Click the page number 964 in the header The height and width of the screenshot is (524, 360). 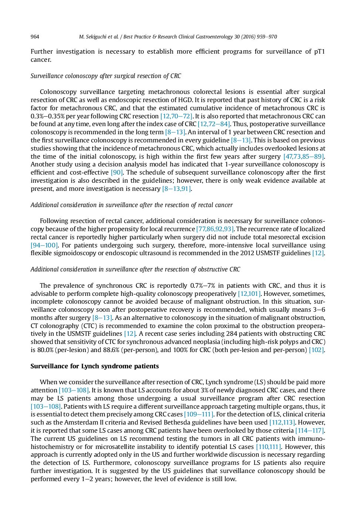point(35,37)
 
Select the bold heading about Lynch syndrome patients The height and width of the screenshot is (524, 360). point(95,366)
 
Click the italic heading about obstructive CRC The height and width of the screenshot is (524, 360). point(135,269)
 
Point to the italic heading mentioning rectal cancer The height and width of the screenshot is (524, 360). point(132,205)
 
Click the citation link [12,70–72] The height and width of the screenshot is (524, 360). point(176,116)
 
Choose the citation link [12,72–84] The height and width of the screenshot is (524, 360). point(214,124)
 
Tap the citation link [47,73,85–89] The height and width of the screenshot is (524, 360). point(303,156)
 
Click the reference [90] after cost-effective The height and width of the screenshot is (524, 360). point(117,172)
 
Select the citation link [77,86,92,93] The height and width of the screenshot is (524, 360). point(215,229)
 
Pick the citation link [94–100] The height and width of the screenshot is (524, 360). point(44,245)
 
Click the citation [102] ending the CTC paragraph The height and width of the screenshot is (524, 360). point(316,350)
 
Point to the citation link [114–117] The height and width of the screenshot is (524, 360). point(309,430)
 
